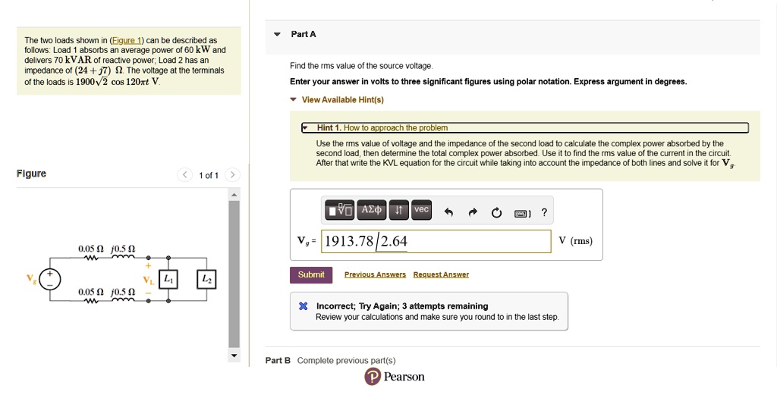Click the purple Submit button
click(311, 274)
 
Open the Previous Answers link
click(375, 274)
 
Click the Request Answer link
click(441, 274)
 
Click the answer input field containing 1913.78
click(436, 241)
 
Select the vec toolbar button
click(421, 210)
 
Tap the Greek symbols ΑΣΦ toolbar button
click(373, 210)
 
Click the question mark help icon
click(544, 213)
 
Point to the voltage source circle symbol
click(50, 280)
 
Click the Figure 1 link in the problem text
click(126, 40)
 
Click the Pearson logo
click(395, 377)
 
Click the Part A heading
click(304, 34)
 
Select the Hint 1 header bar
click(525, 127)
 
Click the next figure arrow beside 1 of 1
click(232, 175)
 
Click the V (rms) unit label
click(575, 241)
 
